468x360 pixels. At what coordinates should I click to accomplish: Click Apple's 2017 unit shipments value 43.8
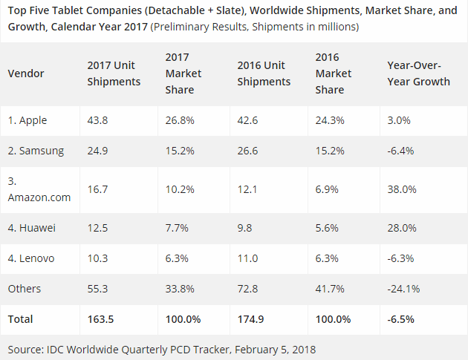click(97, 120)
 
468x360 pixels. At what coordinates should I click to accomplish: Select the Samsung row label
click(36, 151)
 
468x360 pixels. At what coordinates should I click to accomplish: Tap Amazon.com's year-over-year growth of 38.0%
click(401, 189)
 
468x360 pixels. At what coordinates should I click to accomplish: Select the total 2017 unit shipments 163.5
click(101, 319)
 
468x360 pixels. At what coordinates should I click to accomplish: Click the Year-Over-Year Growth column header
click(418, 73)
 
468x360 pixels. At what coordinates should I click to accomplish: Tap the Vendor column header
click(26, 73)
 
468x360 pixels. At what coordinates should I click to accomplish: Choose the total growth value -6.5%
click(401, 319)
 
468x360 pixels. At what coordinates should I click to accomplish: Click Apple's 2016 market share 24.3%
click(328, 120)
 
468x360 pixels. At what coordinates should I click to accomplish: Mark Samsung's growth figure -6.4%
click(400, 151)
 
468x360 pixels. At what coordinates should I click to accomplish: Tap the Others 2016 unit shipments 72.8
click(248, 289)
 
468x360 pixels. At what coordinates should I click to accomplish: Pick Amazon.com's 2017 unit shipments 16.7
click(97, 189)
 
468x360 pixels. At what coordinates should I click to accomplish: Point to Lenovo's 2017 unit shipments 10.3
click(97, 258)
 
